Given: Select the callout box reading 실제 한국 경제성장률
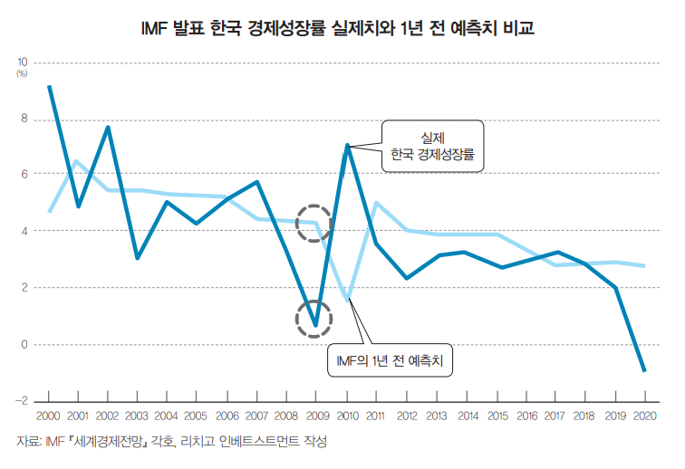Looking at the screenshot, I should (433, 146).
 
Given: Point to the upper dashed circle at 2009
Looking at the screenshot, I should (314, 223).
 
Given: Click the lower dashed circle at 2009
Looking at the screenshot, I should (314, 319).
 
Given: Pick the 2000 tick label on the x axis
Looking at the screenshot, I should (49, 416).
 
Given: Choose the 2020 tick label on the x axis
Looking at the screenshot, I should (644, 416).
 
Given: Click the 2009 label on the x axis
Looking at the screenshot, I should (314, 416).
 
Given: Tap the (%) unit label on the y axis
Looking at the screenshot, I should (23, 72).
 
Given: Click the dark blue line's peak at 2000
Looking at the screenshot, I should (49, 87).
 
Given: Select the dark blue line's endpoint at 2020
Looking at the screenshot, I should (644, 370).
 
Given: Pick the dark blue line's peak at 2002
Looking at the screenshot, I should (108, 128).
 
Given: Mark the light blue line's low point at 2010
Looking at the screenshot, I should (345, 300).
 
